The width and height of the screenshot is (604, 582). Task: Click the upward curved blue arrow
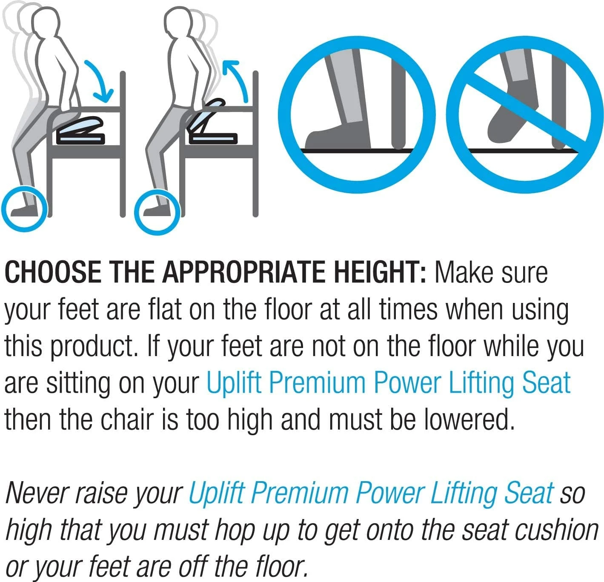coord(236,79)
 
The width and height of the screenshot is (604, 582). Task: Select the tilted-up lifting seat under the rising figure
coord(211,123)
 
